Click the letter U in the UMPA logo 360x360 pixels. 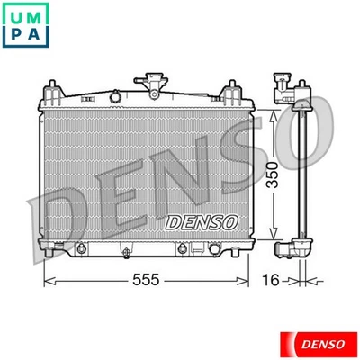17,16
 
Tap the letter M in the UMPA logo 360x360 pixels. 38,16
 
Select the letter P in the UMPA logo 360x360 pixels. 17,37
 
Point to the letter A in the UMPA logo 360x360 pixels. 38,37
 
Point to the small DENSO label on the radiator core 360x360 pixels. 202,220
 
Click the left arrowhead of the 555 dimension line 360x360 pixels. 48,280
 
